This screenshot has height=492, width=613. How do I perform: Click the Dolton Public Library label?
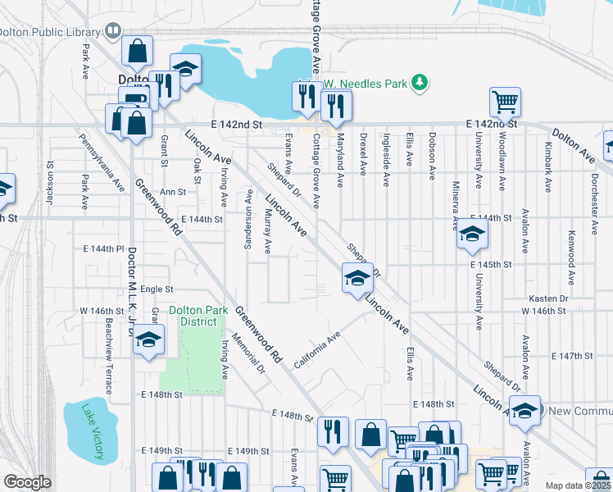point(49,31)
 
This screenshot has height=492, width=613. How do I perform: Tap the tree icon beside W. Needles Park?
point(419,82)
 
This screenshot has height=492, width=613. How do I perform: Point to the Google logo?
point(27,482)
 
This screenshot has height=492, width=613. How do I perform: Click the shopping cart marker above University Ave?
point(506,102)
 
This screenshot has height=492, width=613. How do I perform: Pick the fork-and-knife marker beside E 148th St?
point(333,431)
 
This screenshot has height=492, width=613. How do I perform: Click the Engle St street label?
point(157,289)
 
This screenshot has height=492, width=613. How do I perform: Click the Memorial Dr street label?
point(249,352)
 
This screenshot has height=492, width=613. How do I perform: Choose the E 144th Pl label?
point(102,248)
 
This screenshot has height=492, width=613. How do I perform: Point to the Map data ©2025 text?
point(579,485)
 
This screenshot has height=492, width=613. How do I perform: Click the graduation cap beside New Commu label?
point(524,410)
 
